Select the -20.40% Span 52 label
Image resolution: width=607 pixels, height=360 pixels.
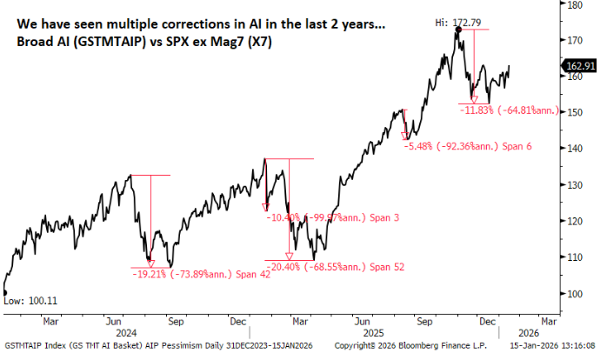point(336,266)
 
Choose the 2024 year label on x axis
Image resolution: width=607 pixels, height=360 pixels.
point(127,331)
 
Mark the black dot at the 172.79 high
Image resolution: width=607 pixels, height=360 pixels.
point(457,29)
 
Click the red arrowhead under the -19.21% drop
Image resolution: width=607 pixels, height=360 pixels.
point(150,263)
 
